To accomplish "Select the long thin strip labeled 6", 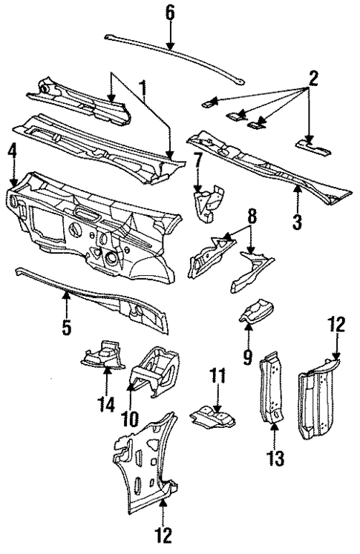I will (x=171, y=50).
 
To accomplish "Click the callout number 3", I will (x=297, y=221).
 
